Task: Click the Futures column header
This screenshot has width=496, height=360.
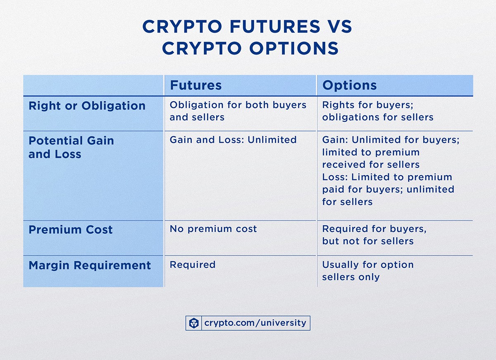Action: click(196, 85)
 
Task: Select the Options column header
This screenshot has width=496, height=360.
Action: click(349, 85)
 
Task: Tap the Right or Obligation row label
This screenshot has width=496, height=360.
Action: click(87, 106)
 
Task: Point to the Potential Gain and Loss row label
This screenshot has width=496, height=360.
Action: click(71, 147)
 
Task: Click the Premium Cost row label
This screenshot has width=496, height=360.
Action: click(70, 230)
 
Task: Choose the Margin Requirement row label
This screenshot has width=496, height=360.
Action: click(90, 265)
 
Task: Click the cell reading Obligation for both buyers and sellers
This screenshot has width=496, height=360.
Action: click(238, 111)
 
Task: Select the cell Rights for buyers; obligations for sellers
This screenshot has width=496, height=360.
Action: click(378, 111)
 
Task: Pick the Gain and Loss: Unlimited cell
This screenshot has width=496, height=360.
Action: click(233, 140)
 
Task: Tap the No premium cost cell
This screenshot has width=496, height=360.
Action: click(213, 229)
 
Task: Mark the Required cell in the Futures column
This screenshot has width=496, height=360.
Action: click(193, 265)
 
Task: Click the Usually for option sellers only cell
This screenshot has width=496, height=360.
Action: click(367, 271)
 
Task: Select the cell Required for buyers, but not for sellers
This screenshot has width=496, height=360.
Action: click(374, 235)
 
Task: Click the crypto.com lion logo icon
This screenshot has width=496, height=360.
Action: click(194, 323)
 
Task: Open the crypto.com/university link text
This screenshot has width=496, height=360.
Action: click(255, 323)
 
